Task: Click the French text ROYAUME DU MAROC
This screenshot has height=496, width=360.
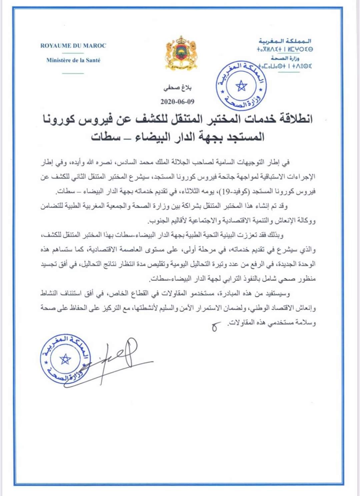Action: [x=73, y=46]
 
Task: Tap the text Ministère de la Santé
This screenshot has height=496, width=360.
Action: [x=73, y=60]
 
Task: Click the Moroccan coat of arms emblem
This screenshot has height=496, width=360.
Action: [x=181, y=53]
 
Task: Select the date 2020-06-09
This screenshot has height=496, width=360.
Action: [x=177, y=101]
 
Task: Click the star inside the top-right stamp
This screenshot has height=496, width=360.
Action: [x=241, y=86]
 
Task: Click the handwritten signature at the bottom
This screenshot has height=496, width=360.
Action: [x=117, y=359]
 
